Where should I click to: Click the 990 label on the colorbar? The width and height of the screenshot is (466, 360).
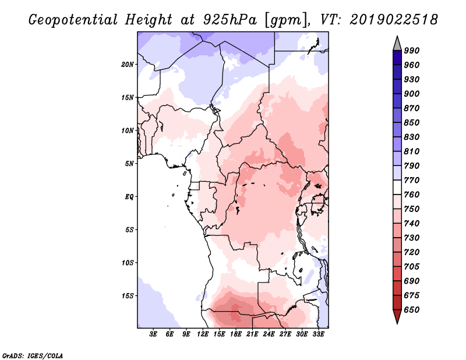point(412,51)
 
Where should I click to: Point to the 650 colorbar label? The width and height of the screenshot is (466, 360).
point(412,310)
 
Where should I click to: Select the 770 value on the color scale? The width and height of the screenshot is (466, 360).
point(412,180)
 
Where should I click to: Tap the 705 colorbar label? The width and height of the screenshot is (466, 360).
point(412,267)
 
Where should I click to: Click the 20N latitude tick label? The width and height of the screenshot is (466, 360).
point(128,65)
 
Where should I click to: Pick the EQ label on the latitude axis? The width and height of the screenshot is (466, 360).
point(129,197)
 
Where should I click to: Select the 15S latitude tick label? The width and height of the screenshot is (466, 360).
point(128,296)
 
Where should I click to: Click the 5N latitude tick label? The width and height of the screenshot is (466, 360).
point(129,164)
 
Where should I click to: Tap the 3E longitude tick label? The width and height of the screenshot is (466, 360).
point(153,334)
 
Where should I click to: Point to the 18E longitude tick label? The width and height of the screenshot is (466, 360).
point(236,334)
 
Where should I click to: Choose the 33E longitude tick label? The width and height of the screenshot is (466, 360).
point(318,334)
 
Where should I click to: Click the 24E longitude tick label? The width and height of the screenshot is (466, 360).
point(269,334)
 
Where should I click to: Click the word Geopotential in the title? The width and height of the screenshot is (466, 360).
point(73,20)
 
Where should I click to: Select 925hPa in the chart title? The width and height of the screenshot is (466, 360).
point(230,20)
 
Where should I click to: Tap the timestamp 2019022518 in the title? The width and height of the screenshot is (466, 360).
point(394,20)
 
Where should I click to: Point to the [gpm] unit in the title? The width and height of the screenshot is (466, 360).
point(286,20)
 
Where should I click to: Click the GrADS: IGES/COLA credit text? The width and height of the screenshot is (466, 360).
point(33,356)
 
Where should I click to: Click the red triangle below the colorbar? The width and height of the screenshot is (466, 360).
point(397,316)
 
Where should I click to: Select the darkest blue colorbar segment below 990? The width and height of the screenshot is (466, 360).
point(397,58)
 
